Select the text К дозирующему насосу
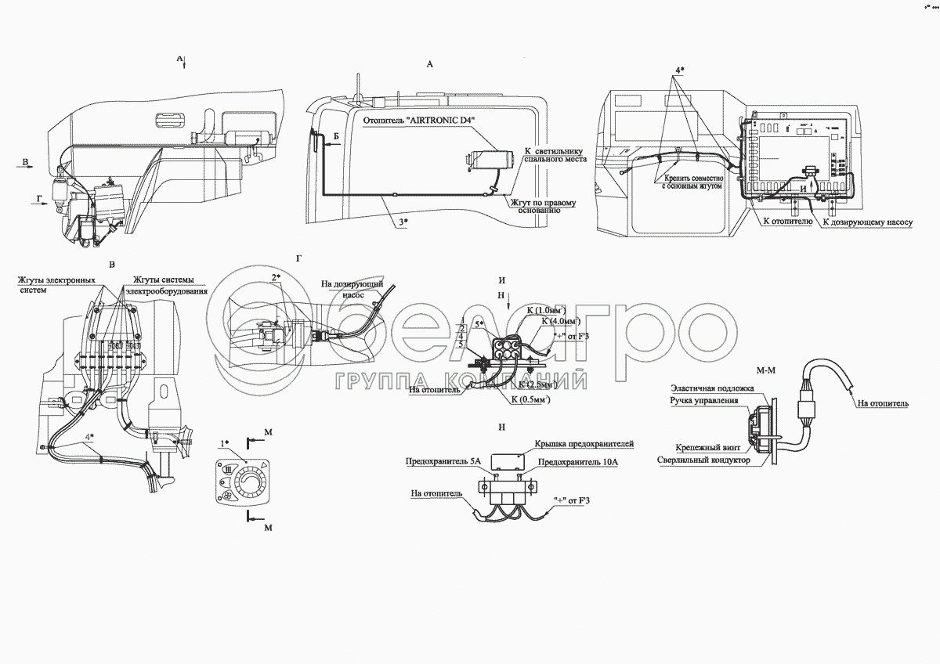[x=868, y=222]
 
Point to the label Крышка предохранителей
[x=584, y=444]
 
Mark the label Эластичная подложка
[x=712, y=388]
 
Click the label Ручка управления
[x=704, y=401]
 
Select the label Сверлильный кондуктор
[x=704, y=460]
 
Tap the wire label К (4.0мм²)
[x=562, y=321]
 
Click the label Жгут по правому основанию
[x=544, y=207]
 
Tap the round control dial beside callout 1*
[x=250, y=478]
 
